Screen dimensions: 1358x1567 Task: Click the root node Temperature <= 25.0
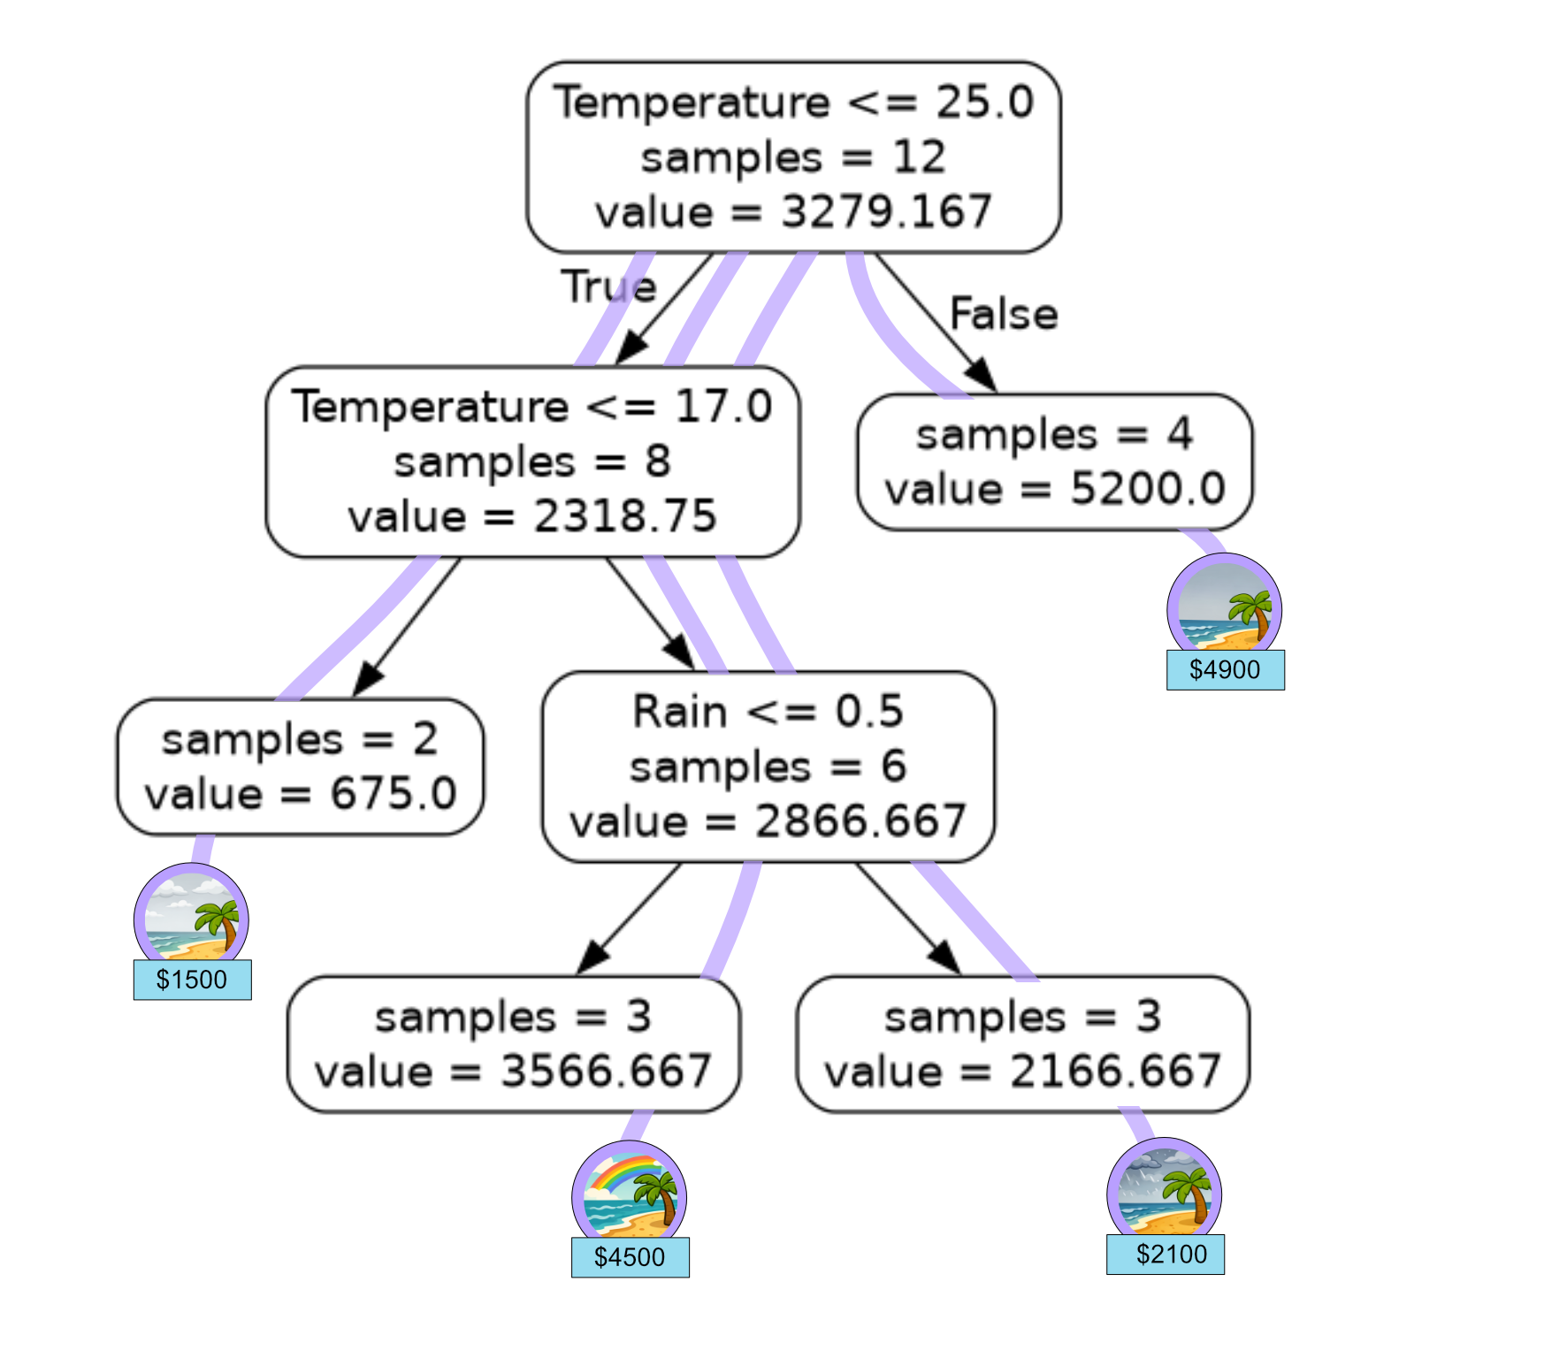(x=793, y=157)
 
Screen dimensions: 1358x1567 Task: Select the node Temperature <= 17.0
(x=532, y=462)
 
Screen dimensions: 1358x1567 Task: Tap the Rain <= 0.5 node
(x=768, y=767)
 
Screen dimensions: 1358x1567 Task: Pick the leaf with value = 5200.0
(x=1054, y=462)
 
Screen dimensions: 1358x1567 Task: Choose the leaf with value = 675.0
(x=300, y=767)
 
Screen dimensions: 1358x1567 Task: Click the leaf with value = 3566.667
(x=513, y=1044)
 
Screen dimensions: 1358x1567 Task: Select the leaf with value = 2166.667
(x=1022, y=1044)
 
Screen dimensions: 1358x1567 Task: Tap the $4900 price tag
(x=1225, y=669)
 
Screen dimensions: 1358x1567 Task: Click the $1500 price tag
(x=192, y=980)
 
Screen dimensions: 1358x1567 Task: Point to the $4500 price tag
(x=630, y=1256)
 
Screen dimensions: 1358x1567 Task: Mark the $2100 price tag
(x=1166, y=1254)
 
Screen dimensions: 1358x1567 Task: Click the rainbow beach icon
(x=629, y=1194)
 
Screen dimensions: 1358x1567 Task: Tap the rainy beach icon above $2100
(x=1164, y=1191)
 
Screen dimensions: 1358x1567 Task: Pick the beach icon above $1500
(x=191, y=917)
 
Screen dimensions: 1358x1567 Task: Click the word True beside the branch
(x=608, y=286)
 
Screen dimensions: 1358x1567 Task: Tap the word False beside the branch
(x=1004, y=314)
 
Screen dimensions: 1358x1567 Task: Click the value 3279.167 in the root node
(x=886, y=212)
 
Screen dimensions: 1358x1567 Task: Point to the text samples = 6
(x=768, y=767)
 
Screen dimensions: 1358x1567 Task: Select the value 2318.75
(x=624, y=516)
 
